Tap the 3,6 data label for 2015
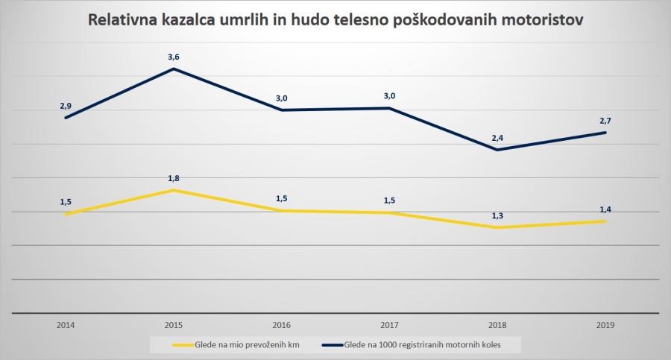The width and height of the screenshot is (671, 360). pyautogui.click(x=174, y=56)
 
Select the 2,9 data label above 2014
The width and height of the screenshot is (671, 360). pyautogui.click(x=66, y=106)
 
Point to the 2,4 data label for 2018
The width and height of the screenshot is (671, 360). pyautogui.click(x=497, y=137)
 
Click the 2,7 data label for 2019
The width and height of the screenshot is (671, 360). pyautogui.click(x=605, y=120)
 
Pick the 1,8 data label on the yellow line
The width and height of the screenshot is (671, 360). pyautogui.click(x=174, y=178)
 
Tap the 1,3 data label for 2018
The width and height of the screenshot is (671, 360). pyautogui.click(x=497, y=215)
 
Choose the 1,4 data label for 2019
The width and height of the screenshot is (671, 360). pyautogui.click(x=605, y=209)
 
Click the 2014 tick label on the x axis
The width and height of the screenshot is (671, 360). pyautogui.click(x=66, y=325)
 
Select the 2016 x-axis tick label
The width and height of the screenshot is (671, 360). pyautogui.click(x=282, y=325)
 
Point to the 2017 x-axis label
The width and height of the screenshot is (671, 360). pyautogui.click(x=389, y=325)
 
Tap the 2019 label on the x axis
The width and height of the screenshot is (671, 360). pyautogui.click(x=605, y=325)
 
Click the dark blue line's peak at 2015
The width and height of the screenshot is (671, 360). pyautogui.click(x=174, y=69)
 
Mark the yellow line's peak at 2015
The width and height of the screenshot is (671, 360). pyautogui.click(x=174, y=190)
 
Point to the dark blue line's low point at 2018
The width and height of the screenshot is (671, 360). pyautogui.click(x=497, y=150)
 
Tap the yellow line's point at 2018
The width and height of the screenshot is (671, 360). pyautogui.click(x=497, y=227)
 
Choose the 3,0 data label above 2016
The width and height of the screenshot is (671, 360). pyautogui.click(x=282, y=97)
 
